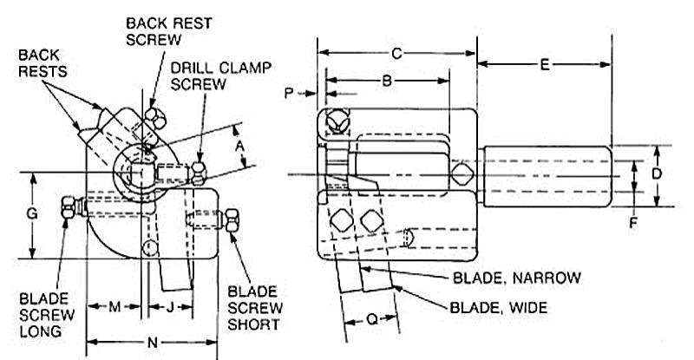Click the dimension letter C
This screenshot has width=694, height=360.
click(x=396, y=54)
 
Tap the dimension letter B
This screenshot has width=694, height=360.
click(x=389, y=81)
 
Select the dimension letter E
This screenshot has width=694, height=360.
click(x=545, y=64)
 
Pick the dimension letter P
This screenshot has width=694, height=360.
click(x=290, y=93)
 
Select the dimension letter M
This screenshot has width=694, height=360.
click(x=114, y=306)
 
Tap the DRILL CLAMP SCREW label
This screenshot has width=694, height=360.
click(x=206, y=75)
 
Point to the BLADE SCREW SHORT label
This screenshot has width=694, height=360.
click(x=252, y=307)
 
